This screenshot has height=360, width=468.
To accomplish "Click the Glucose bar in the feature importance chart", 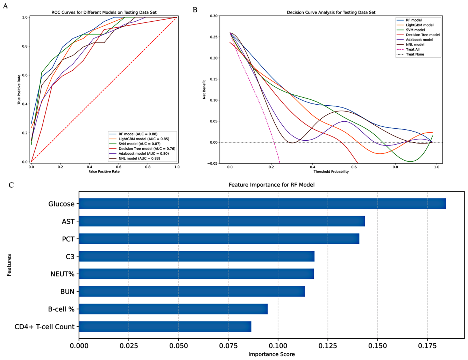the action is tap(262, 204).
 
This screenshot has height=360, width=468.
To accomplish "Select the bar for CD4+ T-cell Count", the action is tap(165, 327).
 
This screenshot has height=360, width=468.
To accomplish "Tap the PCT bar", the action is tap(219, 239).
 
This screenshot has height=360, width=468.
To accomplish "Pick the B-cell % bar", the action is tap(173, 309).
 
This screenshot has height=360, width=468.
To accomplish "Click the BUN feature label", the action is tap(67, 291).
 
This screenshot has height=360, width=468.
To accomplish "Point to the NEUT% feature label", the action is tap(62, 274).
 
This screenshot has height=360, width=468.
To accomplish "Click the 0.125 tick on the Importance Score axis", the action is tap(328, 346).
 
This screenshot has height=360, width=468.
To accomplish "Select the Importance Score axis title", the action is tap(271, 354).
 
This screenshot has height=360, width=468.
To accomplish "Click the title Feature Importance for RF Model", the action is tap(271, 185).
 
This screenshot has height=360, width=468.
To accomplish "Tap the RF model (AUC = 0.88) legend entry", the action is tap(138, 134).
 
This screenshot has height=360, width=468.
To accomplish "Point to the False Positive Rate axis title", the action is tap(104, 171).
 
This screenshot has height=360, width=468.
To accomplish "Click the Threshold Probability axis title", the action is tap(331, 171).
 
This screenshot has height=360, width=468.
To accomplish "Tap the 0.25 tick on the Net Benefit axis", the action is tap(214, 37).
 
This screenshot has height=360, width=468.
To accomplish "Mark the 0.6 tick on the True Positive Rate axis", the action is tap(25, 75).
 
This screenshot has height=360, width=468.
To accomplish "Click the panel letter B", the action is tap(195, 10).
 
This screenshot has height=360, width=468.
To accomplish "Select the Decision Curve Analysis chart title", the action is tap(331, 13).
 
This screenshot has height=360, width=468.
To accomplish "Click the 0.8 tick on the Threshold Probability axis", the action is tap(395, 167).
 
